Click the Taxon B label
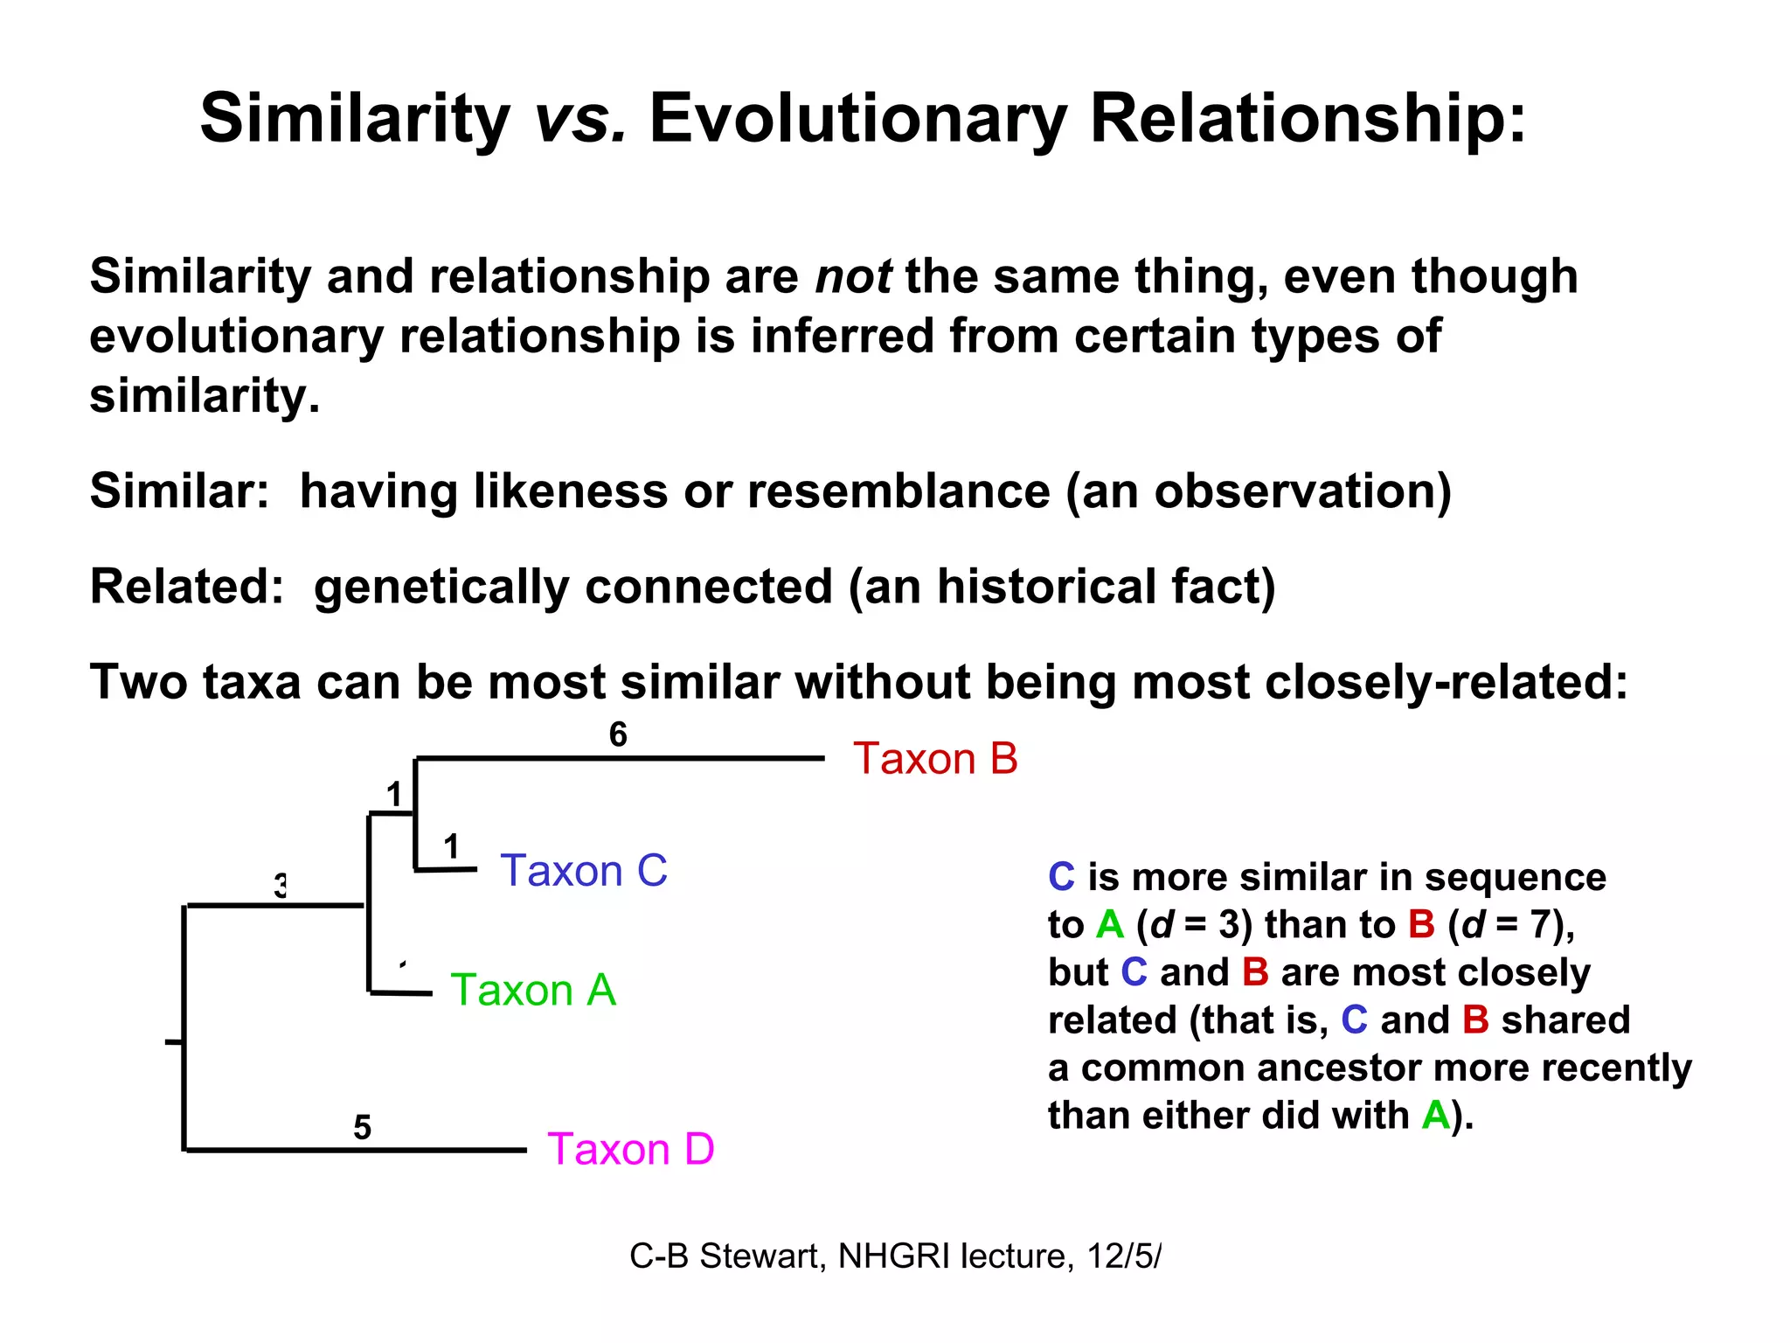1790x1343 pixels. (x=935, y=759)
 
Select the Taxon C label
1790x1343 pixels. (x=583, y=871)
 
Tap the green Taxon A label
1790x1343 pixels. (x=533, y=991)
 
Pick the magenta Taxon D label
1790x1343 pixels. (x=630, y=1149)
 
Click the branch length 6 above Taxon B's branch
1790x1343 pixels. (x=618, y=734)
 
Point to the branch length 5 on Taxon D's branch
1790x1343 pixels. (x=362, y=1127)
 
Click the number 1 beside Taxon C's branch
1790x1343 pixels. (x=451, y=846)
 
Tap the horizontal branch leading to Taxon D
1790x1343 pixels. (x=354, y=1150)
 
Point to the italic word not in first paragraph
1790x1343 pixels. (x=853, y=277)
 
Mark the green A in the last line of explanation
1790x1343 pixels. (x=1435, y=1116)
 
